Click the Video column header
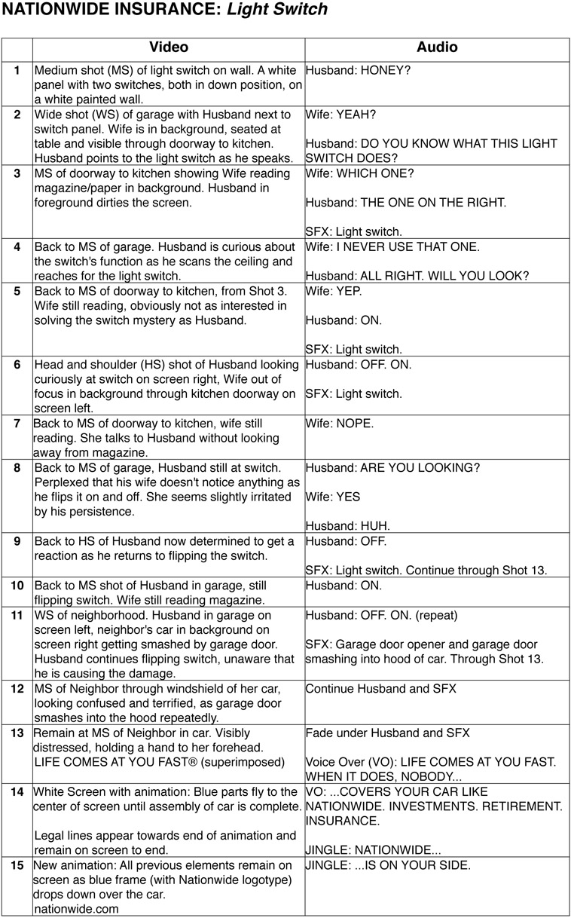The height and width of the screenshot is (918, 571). click(x=169, y=47)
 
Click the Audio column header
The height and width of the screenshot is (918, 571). click(x=437, y=47)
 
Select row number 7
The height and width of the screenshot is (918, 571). click(x=17, y=423)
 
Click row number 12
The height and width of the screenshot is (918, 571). click(x=17, y=688)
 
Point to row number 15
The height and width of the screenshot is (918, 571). click(x=17, y=865)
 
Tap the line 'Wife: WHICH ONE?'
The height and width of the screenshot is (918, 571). click(x=359, y=173)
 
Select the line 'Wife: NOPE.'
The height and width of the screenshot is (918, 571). click(x=339, y=424)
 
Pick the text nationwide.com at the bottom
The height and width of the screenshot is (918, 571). click(x=76, y=909)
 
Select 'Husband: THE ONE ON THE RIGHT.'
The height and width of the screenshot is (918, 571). click(x=406, y=202)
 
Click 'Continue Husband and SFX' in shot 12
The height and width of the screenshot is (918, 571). click(x=381, y=688)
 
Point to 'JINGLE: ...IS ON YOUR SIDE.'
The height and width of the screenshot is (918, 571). click(x=388, y=865)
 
